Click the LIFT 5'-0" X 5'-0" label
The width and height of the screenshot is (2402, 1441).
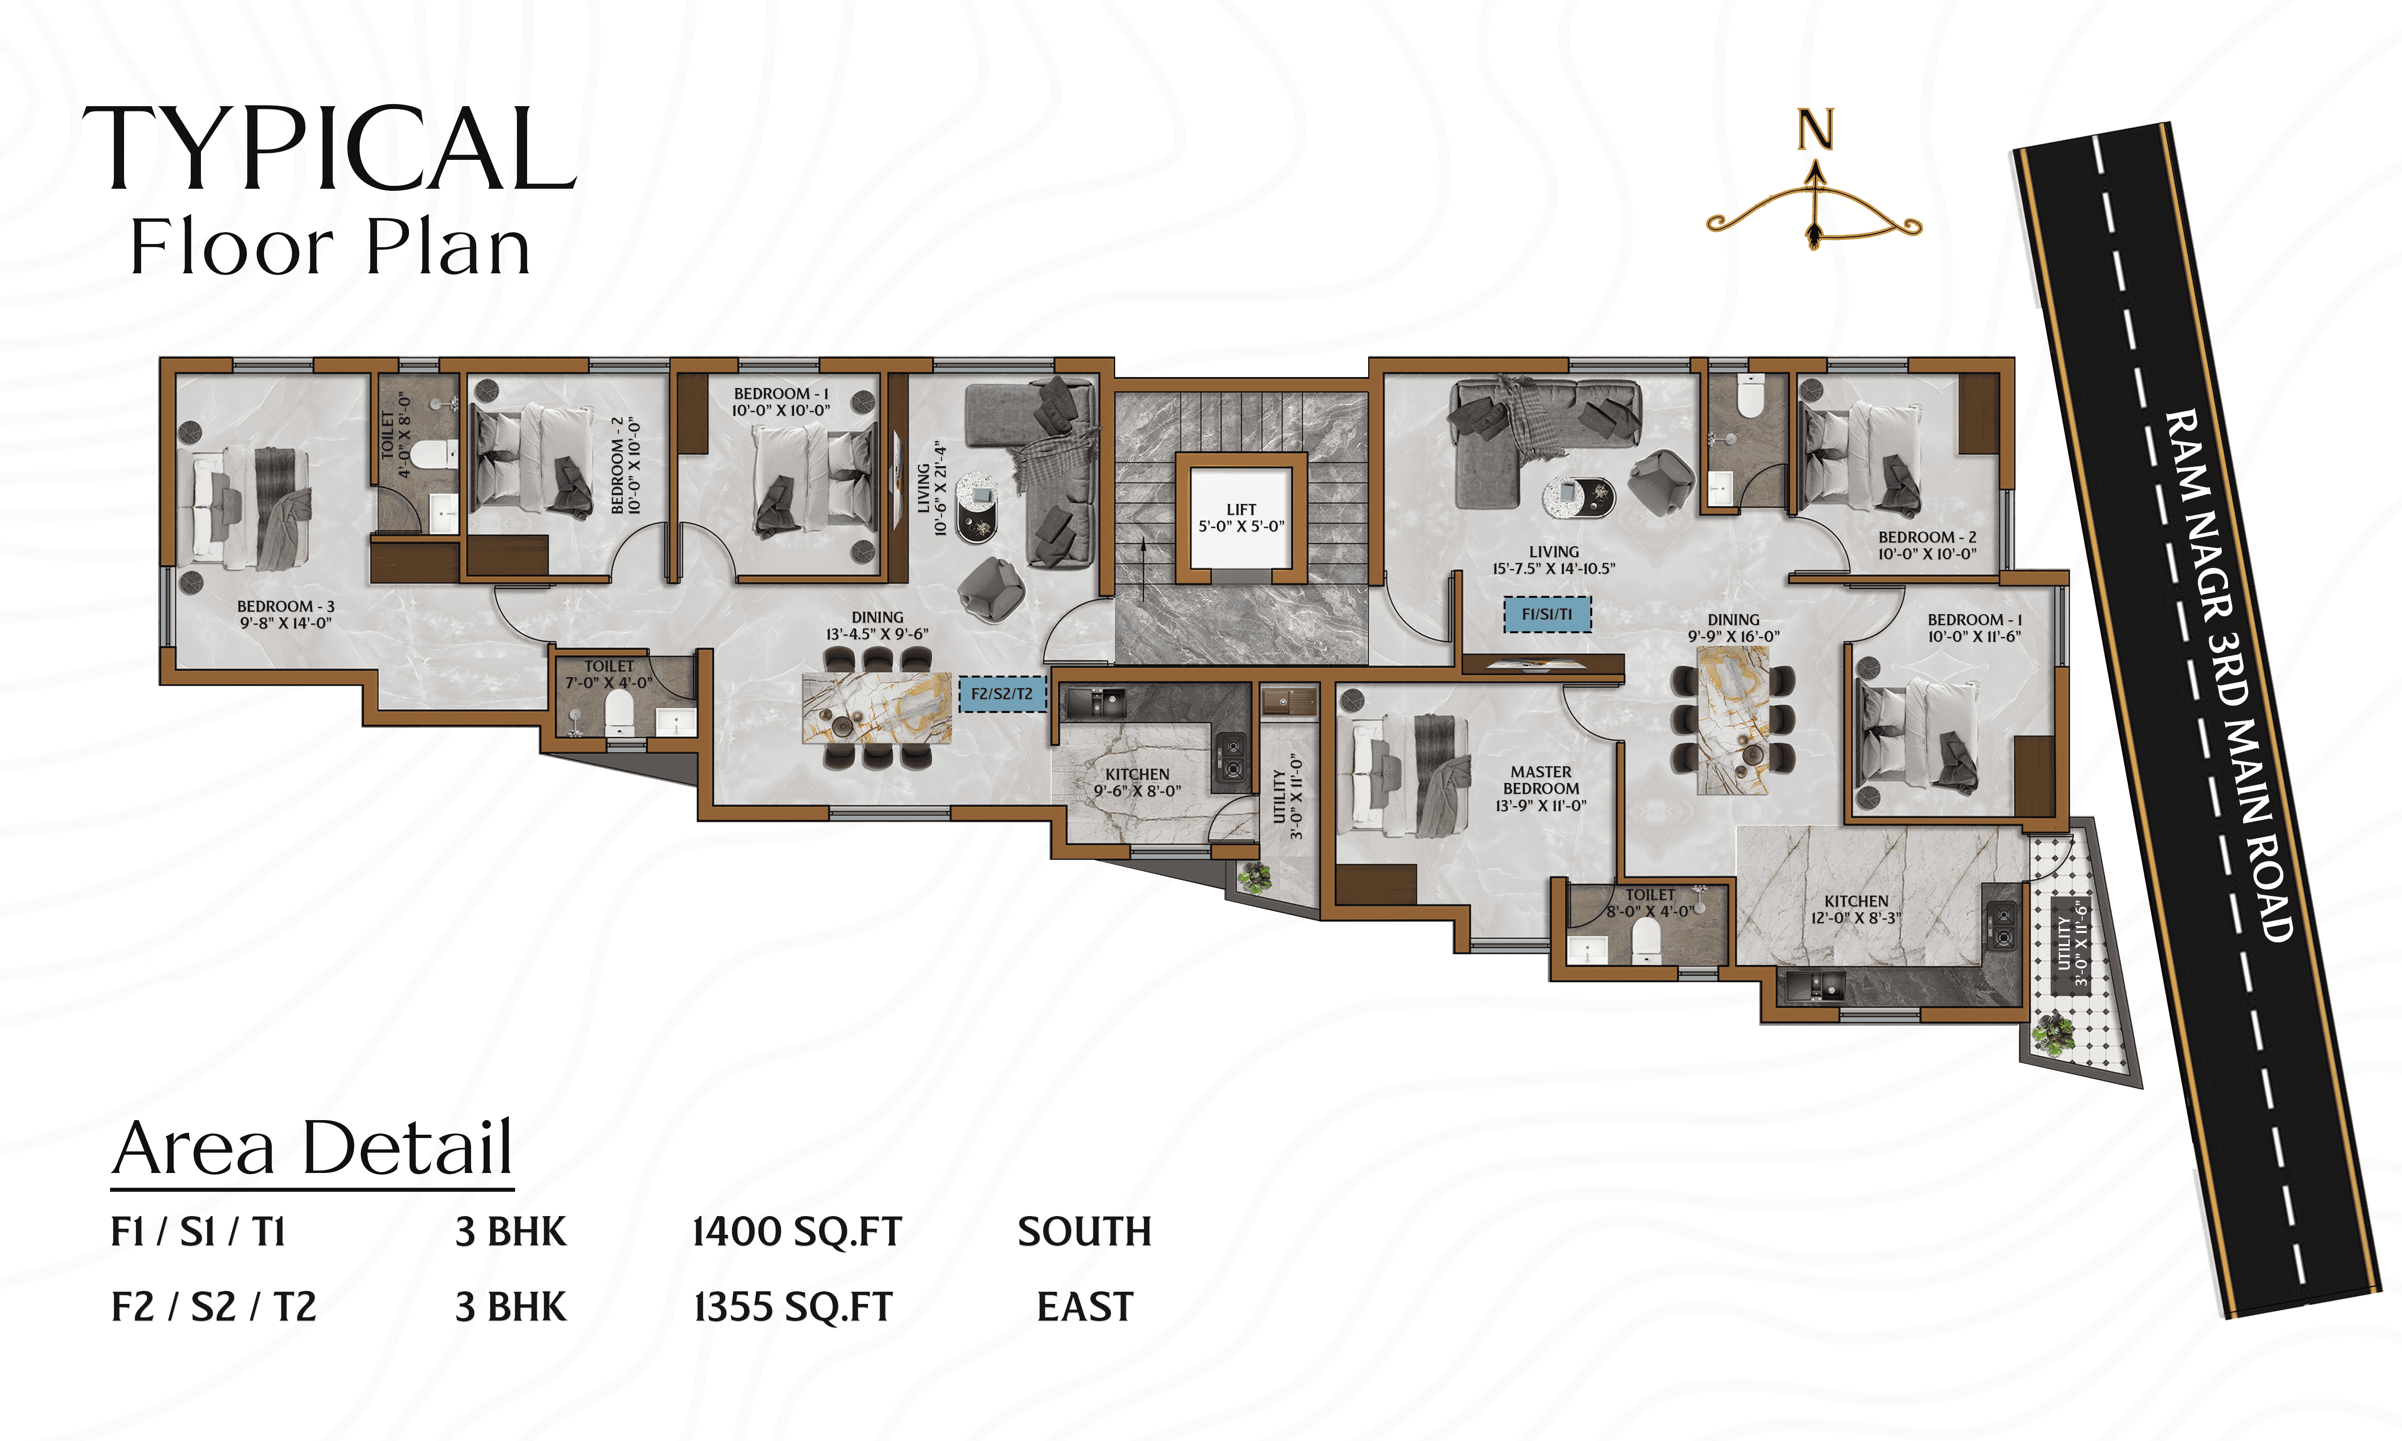click(1241, 518)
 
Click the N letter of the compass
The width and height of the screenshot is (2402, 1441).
click(1815, 130)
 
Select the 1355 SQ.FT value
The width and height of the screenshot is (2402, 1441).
click(792, 1307)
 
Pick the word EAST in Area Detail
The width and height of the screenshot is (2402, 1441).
click(1085, 1307)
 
